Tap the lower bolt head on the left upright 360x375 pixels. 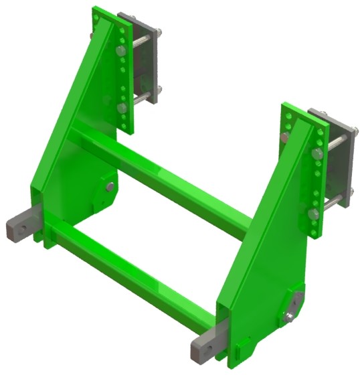(121, 107)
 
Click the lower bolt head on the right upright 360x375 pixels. (312, 214)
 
